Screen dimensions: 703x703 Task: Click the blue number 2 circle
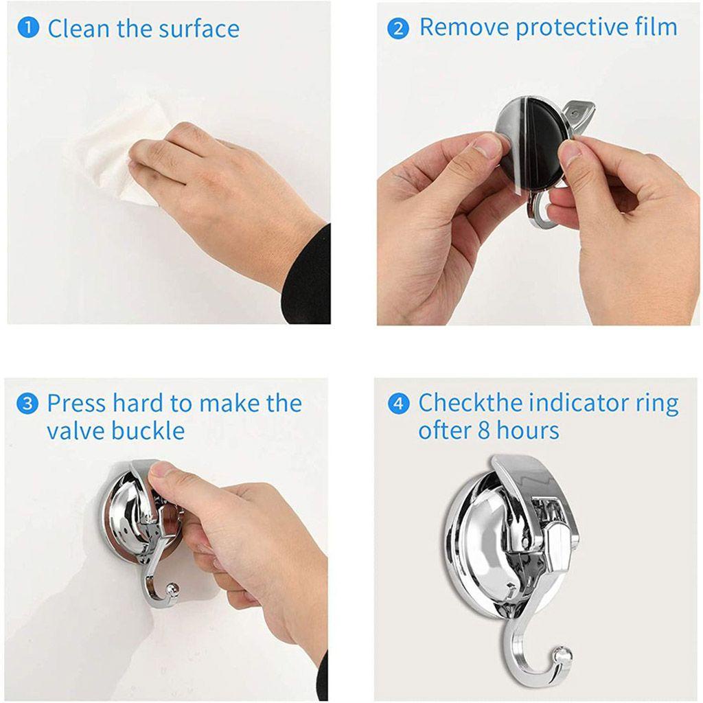(398, 29)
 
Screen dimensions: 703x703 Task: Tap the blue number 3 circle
(27, 404)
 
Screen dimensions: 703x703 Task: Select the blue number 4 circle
(398, 404)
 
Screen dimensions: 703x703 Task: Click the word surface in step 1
(199, 30)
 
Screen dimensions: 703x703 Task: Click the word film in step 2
(656, 27)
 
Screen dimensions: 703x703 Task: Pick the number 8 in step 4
(484, 431)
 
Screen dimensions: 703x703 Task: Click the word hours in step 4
(529, 431)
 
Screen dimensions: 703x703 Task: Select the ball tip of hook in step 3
(172, 589)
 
